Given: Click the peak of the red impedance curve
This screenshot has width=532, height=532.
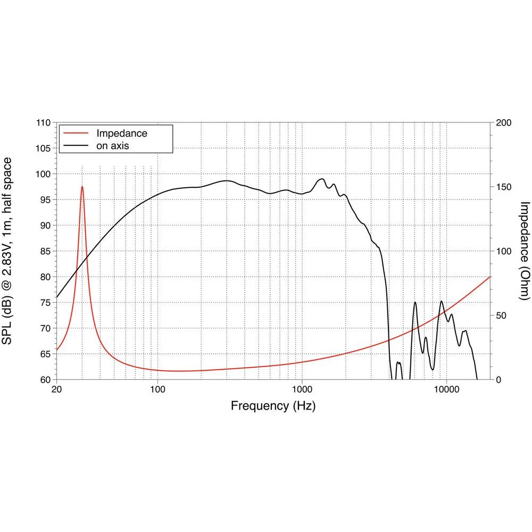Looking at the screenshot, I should coord(82,187).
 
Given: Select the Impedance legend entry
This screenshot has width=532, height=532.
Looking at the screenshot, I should coord(121,133).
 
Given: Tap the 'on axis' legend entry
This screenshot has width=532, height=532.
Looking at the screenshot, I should coord(113,145).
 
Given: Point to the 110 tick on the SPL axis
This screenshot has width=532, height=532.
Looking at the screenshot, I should coord(44,123).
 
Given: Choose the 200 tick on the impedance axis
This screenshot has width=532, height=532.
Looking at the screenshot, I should coord(503,123).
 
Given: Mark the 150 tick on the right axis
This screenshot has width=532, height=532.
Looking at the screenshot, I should coord(503,187).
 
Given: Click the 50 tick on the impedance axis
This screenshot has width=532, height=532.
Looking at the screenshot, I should coord(501,315).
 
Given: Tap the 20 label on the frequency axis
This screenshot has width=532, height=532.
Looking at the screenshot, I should coord(56,389).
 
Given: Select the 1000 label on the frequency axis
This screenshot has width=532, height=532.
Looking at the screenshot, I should coord(302,389).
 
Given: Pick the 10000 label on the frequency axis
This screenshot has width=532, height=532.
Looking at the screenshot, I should coord(446,389).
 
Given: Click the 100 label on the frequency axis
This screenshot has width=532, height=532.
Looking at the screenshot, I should coord(157,389).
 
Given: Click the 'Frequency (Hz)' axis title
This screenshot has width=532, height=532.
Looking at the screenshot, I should coord(273,406).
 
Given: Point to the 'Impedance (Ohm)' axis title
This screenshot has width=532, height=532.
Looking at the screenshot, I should coord(525,251).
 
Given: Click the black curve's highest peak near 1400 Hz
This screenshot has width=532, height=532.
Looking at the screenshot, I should coord(321,179).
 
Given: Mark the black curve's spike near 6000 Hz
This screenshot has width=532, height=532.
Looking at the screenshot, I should coord(415,302).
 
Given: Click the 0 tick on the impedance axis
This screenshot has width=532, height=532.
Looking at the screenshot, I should coord(498,380).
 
